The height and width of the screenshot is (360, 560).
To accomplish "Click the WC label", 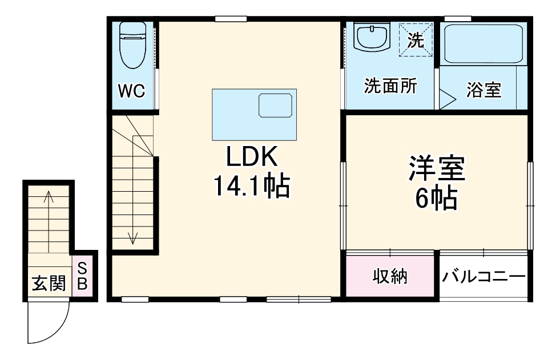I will coord(132,91).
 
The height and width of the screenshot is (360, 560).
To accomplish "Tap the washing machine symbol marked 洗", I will coord(415,39).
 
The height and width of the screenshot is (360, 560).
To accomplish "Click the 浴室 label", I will coord(484,90).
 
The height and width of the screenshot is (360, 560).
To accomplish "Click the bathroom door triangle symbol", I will coord(445,99).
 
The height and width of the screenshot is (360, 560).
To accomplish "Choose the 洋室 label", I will coord(437,168).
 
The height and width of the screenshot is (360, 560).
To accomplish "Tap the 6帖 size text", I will coord(437,199).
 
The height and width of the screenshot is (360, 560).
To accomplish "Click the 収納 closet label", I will coord(390,277).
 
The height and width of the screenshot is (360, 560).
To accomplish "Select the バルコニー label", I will coord(483,277).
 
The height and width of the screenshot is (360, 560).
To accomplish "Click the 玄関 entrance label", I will coord(49,283).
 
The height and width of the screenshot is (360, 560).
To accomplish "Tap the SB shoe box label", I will coord(82,276).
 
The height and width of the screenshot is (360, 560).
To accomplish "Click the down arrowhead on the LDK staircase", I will coord(133,239).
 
